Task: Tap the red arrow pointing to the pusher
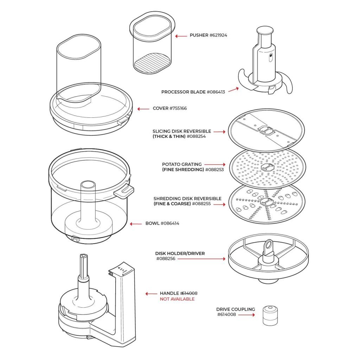coord(181,36)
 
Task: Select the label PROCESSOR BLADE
coord(183,92)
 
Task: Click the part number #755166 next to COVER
coord(178,108)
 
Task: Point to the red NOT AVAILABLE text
coord(177,299)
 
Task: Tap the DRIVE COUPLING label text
coord(236,309)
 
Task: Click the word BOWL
coord(152,223)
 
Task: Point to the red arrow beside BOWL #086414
coord(135,224)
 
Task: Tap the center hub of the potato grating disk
coord(268,167)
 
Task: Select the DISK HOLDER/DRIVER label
coord(180,253)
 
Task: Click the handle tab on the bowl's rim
coord(124,191)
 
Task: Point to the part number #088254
coord(196,136)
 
